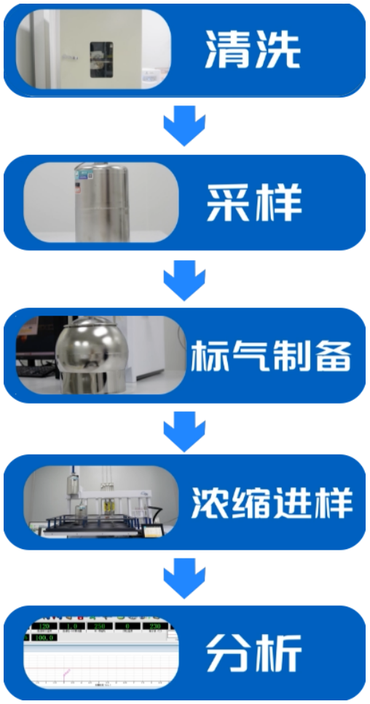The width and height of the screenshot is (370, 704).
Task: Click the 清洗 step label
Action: pyautogui.click(x=253, y=50)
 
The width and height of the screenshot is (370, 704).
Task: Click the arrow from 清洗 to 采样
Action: pyautogui.click(x=184, y=126)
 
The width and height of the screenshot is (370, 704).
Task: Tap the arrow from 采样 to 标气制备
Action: pyautogui.click(x=184, y=280)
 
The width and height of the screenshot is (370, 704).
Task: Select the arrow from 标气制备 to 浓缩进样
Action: pyautogui.click(x=184, y=431)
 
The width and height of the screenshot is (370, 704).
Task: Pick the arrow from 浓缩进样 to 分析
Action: pyautogui.click(x=184, y=578)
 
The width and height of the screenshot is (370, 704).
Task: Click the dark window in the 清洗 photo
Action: pyautogui.click(x=101, y=60)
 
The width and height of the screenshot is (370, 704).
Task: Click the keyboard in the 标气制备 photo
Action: pyautogui.click(x=36, y=371)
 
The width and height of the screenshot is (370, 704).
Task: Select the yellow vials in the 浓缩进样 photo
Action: pyautogui.click(x=109, y=507)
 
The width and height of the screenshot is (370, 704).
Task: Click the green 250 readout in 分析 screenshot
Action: pyautogui.click(x=100, y=626)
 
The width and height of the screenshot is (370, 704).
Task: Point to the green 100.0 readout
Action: pyautogui.click(x=44, y=637)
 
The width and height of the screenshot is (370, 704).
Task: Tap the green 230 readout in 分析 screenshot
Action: pyautogui.click(x=156, y=626)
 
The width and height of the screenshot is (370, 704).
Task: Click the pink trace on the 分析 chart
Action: pyautogui.click(x=66, y=672)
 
